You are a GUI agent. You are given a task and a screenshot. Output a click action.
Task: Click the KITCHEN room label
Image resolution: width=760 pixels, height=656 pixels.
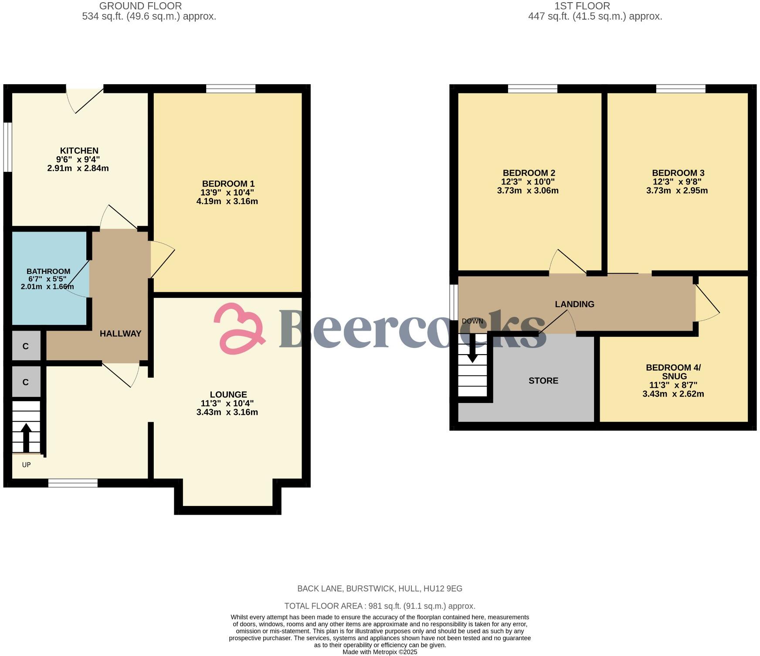click(79, 150)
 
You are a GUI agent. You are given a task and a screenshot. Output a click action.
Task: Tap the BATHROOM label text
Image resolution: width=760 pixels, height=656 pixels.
click(48, 271)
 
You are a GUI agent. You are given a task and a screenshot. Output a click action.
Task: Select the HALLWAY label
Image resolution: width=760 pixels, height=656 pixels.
click(120, 334)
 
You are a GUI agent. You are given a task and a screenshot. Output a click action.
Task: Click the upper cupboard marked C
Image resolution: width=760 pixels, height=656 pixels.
click(26, 346)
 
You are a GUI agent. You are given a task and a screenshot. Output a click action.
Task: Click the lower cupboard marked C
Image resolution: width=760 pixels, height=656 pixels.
click(26, 382)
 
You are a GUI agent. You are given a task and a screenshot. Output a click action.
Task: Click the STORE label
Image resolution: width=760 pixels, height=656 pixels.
click(543, 381)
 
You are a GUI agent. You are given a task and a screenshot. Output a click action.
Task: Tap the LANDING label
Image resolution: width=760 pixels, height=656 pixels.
click(574, 304)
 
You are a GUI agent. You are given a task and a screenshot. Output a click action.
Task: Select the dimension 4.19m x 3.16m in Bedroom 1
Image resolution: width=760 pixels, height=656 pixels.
click(227, 202)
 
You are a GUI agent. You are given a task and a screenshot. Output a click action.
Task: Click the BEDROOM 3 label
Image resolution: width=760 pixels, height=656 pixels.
click(677, 173)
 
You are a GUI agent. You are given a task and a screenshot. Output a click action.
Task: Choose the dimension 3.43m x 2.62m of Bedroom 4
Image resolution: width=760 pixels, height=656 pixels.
click(673, 394)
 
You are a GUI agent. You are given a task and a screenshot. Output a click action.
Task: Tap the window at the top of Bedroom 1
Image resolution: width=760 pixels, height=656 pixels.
click(231, 89)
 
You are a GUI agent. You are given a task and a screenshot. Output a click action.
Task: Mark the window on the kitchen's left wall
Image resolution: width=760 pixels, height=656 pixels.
click(8, 147)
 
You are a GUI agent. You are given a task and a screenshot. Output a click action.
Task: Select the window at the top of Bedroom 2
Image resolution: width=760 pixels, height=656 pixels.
click(533, 89)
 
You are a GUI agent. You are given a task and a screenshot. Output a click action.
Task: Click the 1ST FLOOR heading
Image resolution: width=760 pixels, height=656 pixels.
click(582, 6)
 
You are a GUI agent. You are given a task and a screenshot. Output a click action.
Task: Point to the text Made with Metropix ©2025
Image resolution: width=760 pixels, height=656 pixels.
click(380, 652)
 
